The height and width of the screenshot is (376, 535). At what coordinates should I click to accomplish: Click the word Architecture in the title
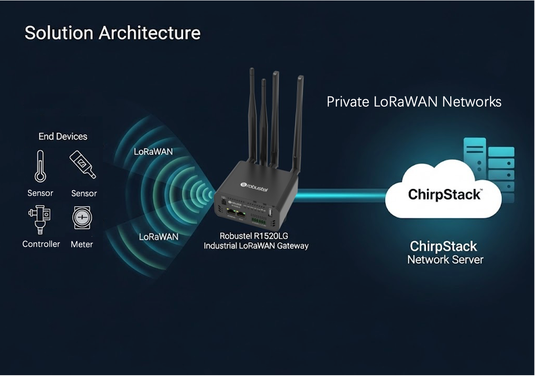[x=150, y=33]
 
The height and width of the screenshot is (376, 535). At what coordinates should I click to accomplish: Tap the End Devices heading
[x=63, y=136]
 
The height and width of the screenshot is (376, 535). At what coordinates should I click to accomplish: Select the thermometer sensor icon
[x=40, y=166]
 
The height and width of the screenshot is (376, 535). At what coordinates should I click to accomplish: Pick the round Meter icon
[x=82, y=217]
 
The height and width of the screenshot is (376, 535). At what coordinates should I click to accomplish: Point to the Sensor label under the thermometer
[x=40, y=193]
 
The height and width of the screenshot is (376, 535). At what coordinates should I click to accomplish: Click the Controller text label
[x=41, y=244]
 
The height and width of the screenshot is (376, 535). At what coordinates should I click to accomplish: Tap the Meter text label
[x=82, y=244]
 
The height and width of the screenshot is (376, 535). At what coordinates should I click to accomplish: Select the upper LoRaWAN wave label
[x=153, y=152]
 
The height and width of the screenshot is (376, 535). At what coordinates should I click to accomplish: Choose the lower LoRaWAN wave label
[x=158, y=237]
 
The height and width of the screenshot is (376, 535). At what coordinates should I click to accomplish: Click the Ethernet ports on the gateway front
[x=236, y=214]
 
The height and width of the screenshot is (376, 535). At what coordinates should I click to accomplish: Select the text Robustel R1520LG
[x=254, y=236]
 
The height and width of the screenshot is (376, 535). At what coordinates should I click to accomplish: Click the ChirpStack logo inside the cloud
[x=444, y=195]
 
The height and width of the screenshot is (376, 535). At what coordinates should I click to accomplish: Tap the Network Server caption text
[x=445, y=260]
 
